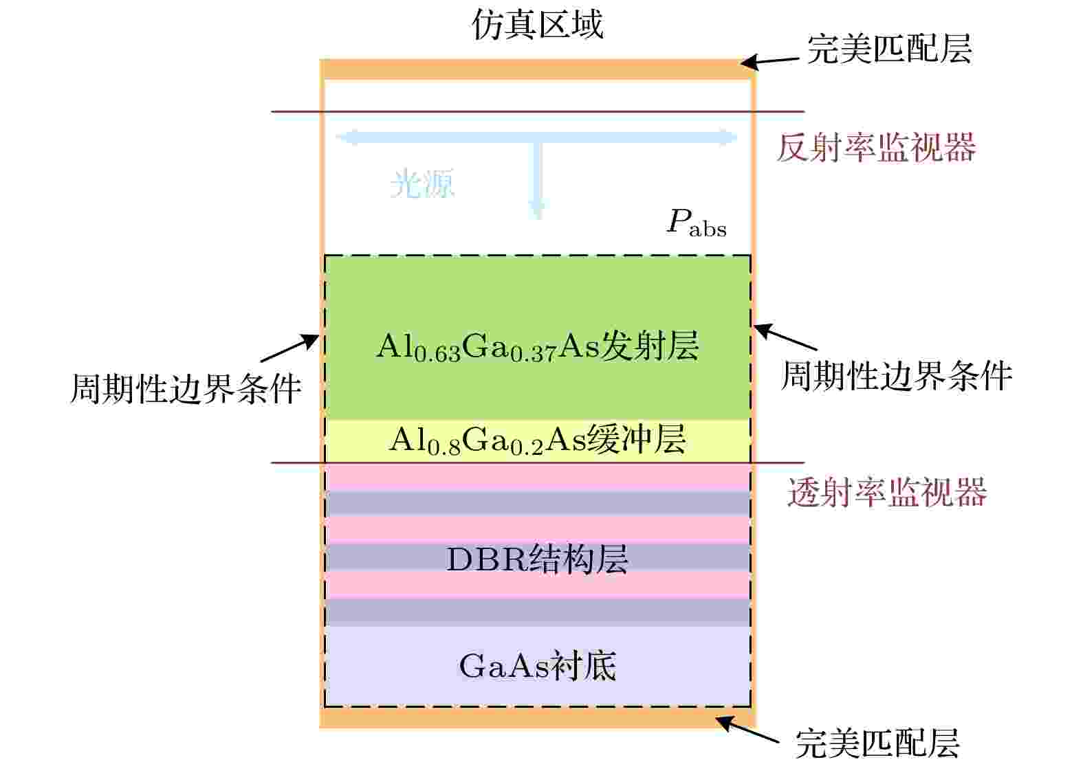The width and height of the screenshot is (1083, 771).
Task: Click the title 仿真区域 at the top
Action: pyautogui.click(x=538, y=25)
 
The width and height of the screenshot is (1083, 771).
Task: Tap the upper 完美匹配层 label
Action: pyautogui.click(x=890, y=49)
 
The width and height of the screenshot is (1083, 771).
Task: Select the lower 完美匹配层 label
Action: pyautogui.click(x=877, y=744)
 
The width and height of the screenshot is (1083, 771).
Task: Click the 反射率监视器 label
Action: pyautogui.click(x=877, y=147)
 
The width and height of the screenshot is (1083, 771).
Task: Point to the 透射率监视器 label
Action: pyautogui.click(x=887, y=493)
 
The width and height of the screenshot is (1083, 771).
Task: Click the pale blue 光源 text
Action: pyautogui.click(x=422, y=183)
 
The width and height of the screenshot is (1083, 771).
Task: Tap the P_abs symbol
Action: pyautogui.click(x=696, y=223)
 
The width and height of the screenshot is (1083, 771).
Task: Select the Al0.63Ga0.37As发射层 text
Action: pyautogui.click(x=538, y=346)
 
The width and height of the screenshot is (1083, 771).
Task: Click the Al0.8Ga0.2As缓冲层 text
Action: pyautogui.click(x=538, y=440)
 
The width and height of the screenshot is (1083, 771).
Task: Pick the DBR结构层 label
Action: pyautogui.click(x=537, y=559)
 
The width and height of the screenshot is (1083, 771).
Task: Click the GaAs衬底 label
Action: pyautogui.click(x=538, y=666)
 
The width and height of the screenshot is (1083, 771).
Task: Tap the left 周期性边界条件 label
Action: pyautogui.click(x=186, y=389)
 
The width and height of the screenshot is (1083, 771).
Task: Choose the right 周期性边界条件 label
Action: pyautogui.click(x=897, y=377)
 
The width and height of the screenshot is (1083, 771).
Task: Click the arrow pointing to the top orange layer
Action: pyautogui.click(x=769, y=61)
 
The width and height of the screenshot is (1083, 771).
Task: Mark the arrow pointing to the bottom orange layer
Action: pyautogui.click(x=747, y=730)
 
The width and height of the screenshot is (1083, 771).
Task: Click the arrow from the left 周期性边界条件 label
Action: pyautogui.click(x=289, y=348)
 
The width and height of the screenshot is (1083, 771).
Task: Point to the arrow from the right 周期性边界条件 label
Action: pyautogui.click(x=785, y=337)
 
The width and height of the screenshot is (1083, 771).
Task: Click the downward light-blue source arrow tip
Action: pyautogui.click(x=536, y=217)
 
